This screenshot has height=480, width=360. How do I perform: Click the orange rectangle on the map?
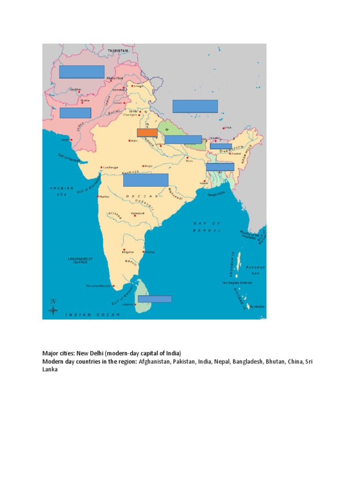147,133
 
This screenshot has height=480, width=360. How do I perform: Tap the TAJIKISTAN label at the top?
118,50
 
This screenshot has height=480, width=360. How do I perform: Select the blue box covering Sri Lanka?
154,299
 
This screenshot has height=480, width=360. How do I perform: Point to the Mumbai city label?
105,197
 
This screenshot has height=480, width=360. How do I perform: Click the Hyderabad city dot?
135,215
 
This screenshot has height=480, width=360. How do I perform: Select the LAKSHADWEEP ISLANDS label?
77,260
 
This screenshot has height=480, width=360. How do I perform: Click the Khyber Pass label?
115,78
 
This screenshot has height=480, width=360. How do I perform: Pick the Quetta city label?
85,100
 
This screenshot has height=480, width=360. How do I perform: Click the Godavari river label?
144,200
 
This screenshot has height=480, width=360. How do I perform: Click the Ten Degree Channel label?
237,283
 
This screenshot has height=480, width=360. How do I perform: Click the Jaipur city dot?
129,140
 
